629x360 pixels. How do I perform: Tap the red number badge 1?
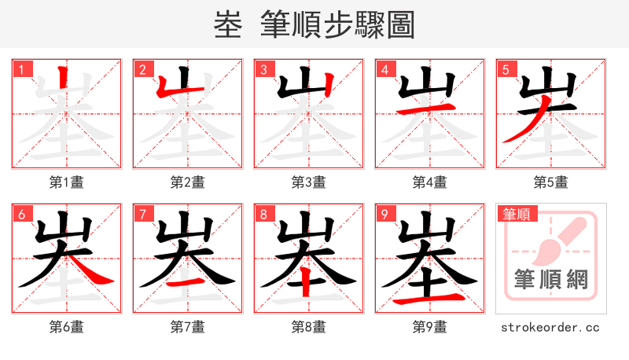[21, 69]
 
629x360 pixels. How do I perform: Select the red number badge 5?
[506, 69]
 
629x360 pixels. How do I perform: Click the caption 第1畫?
[67, 182]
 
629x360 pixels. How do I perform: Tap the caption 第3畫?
[309, 182]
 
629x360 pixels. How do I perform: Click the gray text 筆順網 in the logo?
[550, 279]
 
